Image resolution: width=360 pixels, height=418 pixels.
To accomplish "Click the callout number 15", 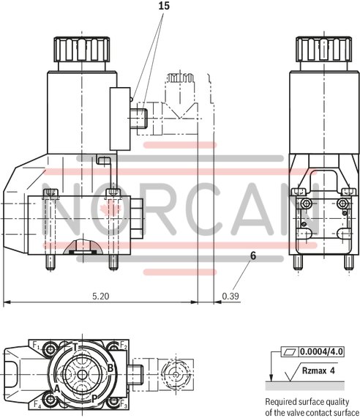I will [163, 6].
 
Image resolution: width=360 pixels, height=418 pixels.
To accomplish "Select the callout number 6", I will [252, 255].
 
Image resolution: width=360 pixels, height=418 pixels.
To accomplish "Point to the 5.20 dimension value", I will [100, 296].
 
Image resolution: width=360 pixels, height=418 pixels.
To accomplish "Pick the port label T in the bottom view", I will [75, 346].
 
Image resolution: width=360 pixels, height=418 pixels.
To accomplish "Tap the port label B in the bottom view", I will [110, 367].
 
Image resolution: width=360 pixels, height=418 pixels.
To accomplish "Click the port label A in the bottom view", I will [56, 389].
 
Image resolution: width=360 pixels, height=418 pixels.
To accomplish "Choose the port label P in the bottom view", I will [94, 399].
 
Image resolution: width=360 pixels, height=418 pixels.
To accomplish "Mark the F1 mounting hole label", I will [34, 343].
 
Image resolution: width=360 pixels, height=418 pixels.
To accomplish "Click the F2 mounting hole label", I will [124, 344].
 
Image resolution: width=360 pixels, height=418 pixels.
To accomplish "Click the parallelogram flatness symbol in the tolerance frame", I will [289, 352].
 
